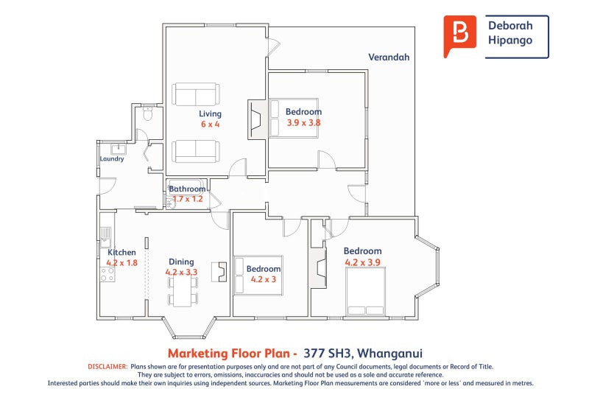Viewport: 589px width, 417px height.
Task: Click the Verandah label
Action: click(389, 57)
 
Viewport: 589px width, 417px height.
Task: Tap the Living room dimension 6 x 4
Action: click(210, 124)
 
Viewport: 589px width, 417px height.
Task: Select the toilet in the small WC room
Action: click(148, 113)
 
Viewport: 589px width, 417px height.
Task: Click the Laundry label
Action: click(112, 158)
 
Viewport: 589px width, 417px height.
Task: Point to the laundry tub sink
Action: click(119, 149)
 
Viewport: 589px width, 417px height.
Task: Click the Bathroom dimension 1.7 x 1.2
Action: click(188, 198)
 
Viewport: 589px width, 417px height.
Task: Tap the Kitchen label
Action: click(121, 252)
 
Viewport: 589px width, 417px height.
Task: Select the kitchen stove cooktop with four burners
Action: click(107, 274)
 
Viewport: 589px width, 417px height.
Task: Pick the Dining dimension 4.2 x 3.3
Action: click(181, 272)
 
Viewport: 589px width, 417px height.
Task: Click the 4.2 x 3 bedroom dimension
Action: click(264, 279)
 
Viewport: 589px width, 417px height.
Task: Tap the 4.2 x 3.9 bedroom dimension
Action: click(362, 262)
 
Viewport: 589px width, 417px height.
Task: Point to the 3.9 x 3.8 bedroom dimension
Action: click(303, 122)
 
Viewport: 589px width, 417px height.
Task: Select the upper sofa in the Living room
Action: click(196, 94)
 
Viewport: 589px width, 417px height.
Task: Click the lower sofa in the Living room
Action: click(196, 152)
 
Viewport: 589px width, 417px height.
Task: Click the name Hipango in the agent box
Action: click(510, 41)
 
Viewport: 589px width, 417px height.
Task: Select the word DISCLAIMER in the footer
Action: click(107, 367)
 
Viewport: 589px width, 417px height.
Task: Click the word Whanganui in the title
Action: click(389, 354)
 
